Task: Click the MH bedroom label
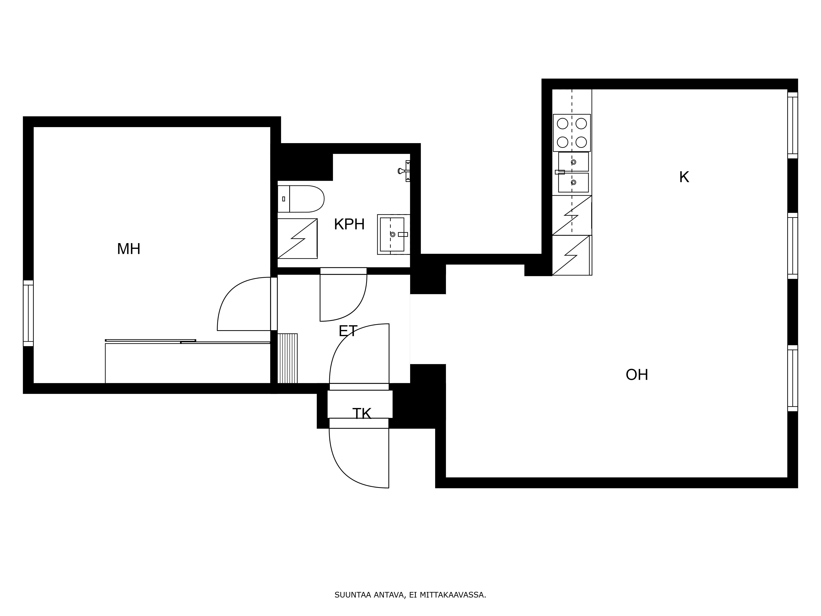[128, 249]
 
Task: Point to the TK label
[361, 413]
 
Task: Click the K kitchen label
[684, 177]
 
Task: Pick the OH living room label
[637, 375]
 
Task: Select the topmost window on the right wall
[792, 125]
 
